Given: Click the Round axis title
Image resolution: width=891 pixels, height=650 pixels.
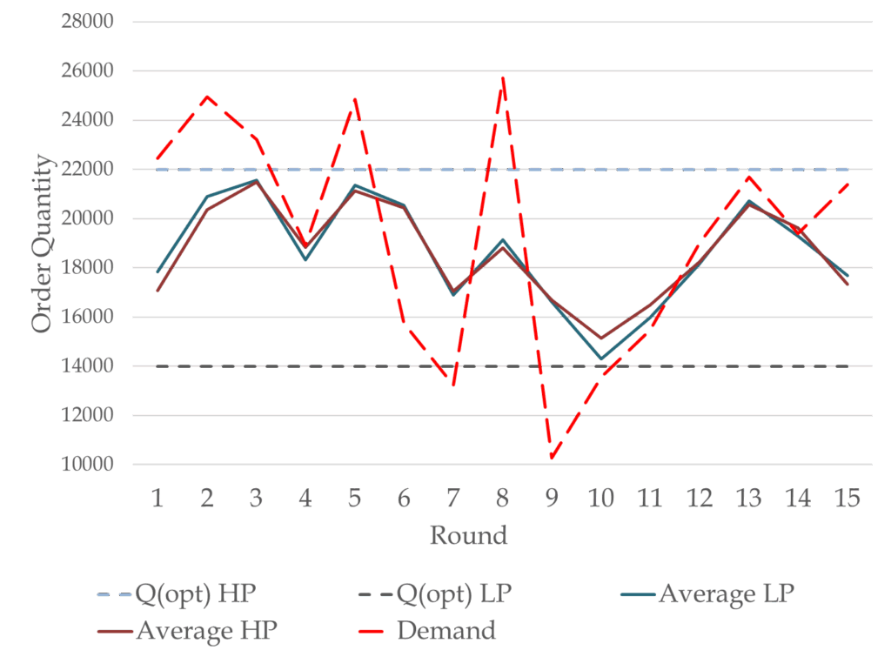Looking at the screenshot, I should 468,534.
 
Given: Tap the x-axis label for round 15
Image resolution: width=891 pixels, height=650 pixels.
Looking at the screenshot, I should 847,498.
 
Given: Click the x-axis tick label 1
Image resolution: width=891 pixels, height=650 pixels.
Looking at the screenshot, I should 157,498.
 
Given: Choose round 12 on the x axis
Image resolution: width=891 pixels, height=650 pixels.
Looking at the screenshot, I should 699,498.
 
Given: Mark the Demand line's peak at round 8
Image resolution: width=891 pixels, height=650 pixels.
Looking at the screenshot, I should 502,77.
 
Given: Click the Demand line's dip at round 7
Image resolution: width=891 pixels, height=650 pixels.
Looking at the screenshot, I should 453,385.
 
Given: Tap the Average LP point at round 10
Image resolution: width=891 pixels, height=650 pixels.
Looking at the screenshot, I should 600,358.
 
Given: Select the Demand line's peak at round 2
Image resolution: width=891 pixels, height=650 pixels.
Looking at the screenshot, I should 207,97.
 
